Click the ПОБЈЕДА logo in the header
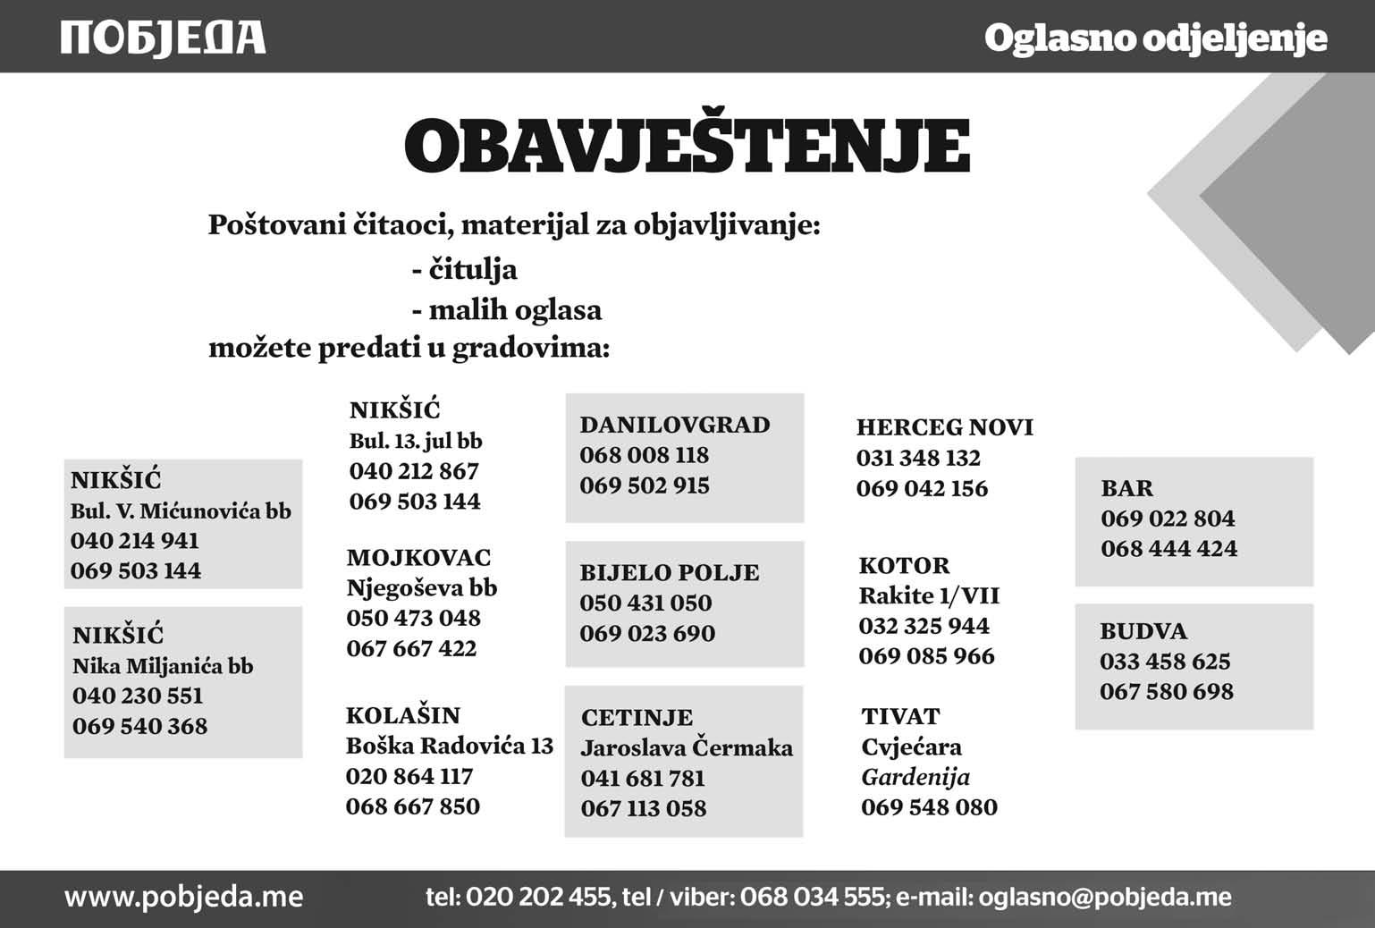pyautogui.click(x=163, y=38)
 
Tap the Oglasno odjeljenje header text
pyautogui.click(x=1154, y=38)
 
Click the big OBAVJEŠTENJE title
pyautogui.click(x=687, y=145)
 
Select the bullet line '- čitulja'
pyautogui.click(x=464, y=269)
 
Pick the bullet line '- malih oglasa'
pyautogui.click(x=506, y=310)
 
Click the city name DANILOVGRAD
pyautogui.click(x=674, y=425)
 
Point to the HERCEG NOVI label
pyautogui.click(x=944, y=427)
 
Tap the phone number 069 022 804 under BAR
pyautogui.click(x=1168, y=519)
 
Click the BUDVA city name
pyautogui.click(x=1143, y=631)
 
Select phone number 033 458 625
pyautogui.click(x=1165, y=662)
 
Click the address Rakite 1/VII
pyautogui.click(x=929, y=595)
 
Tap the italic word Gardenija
pyautogui.click(x=915, y=777)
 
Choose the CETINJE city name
pyautogui.click(x=637, y=717)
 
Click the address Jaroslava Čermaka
pyautogui.click(x=687, y=747)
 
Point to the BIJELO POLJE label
pyautogui.click(x=669, y=572)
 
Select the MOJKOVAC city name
pyautogui.click(x=418, y=558)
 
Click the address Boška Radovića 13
pyautogui.click(x=449, y=746)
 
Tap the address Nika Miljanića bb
pyautogui.click(x=163, y=666)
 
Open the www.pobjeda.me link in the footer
pyautogui.click(x=183, y=897)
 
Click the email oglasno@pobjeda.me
pyautogui.click(x=1105, y=897)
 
